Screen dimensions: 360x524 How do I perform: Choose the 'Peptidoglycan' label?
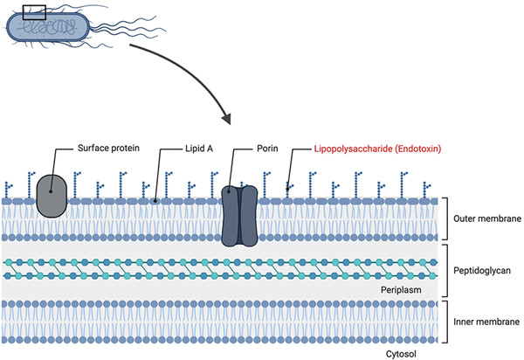click(482, 272)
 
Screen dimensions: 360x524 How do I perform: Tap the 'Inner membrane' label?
click(482, 322)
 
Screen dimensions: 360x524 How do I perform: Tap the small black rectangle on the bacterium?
click(33, 12)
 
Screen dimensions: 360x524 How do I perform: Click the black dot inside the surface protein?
click(52, 188)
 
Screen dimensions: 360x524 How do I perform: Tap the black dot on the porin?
click(229, 189)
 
